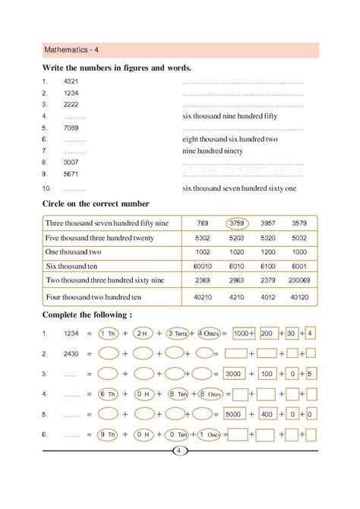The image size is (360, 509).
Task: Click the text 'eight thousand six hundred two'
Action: click(230, 140)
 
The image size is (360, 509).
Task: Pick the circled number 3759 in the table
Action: click(239, 223)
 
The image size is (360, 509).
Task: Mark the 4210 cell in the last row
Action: click(239, 297)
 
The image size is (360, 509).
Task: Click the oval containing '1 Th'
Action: click(109, 333)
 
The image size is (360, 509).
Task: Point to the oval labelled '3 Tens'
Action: click(177, 333)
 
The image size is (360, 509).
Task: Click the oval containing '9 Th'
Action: click(109, 436)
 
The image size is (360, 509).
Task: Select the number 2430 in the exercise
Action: click(71, 354)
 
